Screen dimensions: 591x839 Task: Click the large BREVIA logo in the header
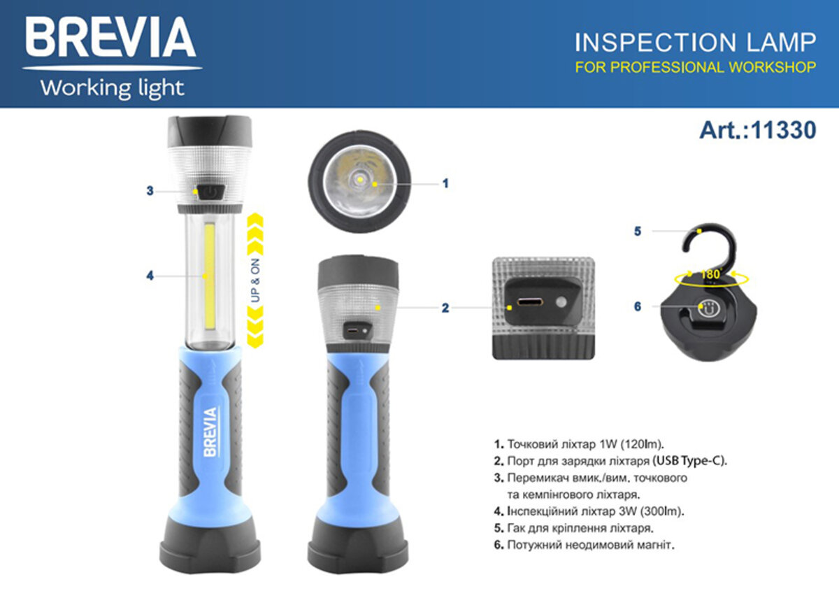pos(111,38)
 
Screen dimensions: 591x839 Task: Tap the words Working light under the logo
pos(112,89)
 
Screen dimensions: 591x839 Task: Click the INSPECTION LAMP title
pos(695,43)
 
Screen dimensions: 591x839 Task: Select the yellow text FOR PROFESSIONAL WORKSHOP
pos(695,68)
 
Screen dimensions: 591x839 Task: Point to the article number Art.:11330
pos(757,131)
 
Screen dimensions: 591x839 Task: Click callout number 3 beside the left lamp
pos(150,191)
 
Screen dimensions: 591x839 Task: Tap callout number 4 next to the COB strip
pos(150,276)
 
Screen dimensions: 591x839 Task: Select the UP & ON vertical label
pos(256,280)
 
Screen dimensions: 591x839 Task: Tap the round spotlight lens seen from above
pos(359,182)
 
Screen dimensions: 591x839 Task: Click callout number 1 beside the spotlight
pos(445,183)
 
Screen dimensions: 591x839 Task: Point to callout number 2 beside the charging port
pos(445,307)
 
